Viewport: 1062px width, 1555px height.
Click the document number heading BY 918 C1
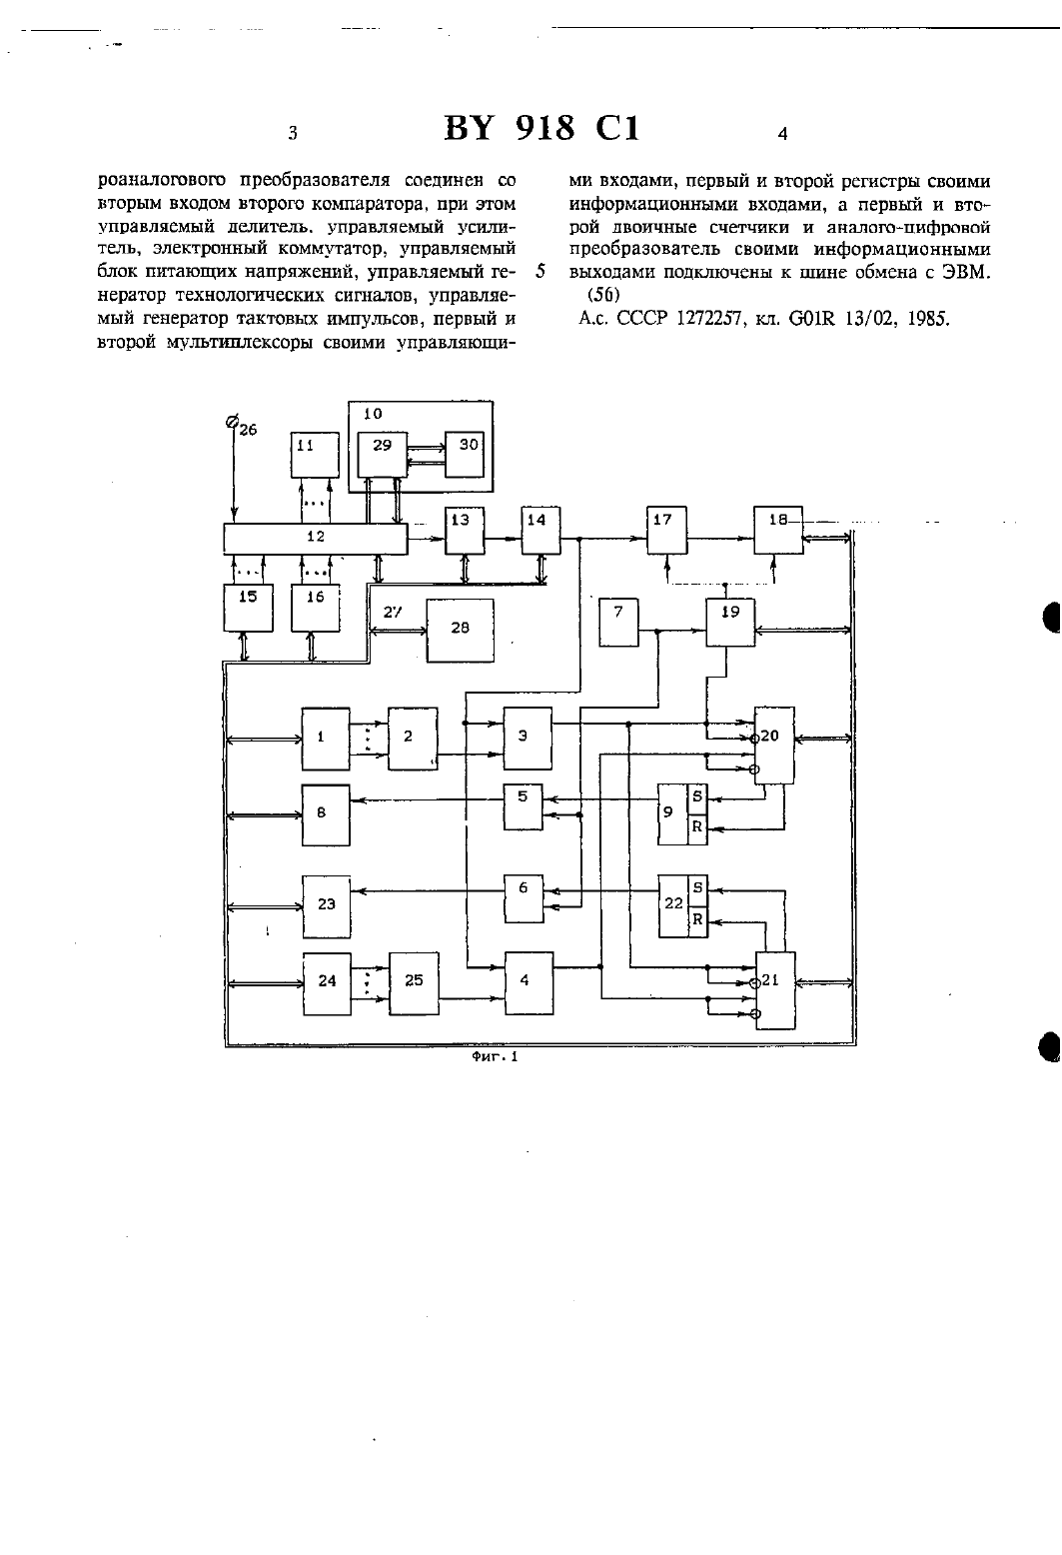[541, 129]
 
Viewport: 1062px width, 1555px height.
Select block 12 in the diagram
[315, 539]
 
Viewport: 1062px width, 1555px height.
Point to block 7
[618, 623]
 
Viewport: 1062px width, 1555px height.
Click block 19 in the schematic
[730, 623]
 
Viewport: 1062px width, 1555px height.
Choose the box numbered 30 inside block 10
[465, 454]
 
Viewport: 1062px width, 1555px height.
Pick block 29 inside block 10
[382, 454]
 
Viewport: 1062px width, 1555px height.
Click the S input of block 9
[697, 798]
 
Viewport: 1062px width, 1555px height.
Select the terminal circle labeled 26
[233, 421]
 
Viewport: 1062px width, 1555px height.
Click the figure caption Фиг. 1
[495, 1057]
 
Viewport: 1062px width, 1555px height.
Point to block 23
[327, 906]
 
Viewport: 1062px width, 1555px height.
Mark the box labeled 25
[414, 983]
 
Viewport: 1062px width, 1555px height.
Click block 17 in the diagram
[667, 531]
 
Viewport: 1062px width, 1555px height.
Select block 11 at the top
[315, 455]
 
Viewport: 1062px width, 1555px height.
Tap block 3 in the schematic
[528, 738]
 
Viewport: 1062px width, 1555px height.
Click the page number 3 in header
[293, 133]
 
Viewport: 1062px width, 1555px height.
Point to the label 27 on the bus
[393, 613]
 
